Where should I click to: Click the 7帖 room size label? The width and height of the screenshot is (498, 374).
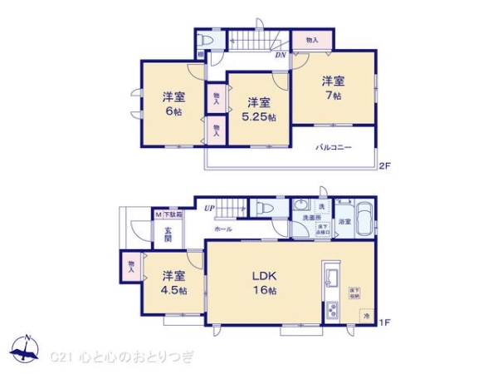[333, 95]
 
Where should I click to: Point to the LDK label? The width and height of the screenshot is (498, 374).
[265, 276]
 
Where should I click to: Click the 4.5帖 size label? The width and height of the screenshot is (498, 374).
[173, 290]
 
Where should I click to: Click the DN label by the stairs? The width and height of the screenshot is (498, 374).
[281, 56]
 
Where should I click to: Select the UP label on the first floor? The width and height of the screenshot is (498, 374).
[210, 209]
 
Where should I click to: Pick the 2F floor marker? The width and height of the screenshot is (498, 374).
[384, 166]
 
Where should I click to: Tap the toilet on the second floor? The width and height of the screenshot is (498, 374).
[209, 40]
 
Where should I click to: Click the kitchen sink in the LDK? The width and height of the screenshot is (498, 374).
[330, 275]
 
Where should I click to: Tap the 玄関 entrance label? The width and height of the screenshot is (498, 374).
[168, 235]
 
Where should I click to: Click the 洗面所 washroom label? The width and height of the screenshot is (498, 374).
[310, 218]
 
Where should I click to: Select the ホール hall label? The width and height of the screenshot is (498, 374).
[224, 228]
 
